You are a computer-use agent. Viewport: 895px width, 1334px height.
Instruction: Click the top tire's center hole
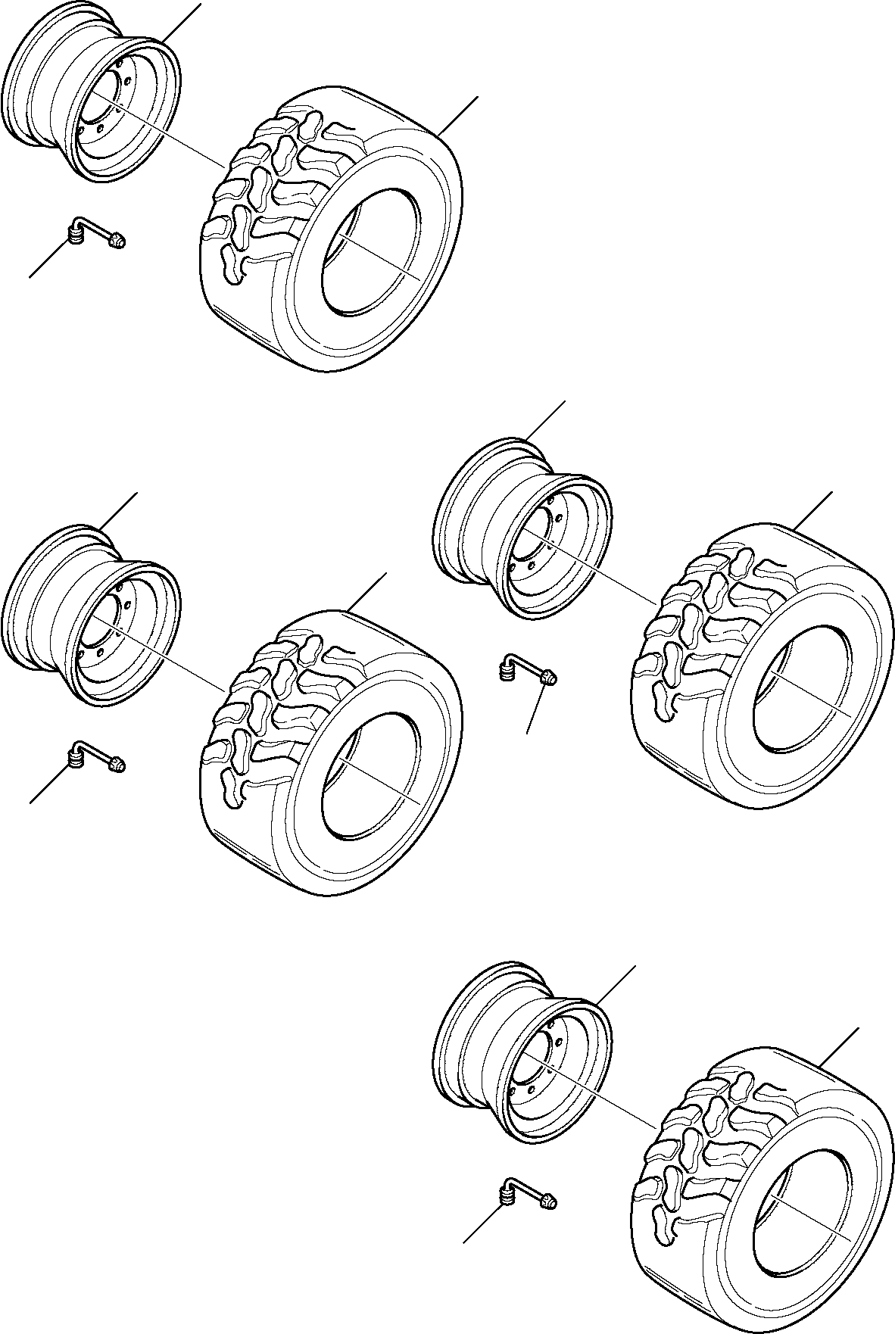tap(371, 254)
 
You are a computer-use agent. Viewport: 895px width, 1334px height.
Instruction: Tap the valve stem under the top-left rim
tap(95, 232)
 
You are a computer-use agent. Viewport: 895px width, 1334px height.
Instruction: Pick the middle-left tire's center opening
tap(371, 776)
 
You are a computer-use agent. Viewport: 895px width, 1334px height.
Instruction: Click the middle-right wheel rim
tap(522, 530)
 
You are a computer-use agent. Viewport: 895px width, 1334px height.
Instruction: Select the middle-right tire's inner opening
tap(803, 689)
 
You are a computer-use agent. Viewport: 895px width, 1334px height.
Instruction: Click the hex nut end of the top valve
tap(117, 242)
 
